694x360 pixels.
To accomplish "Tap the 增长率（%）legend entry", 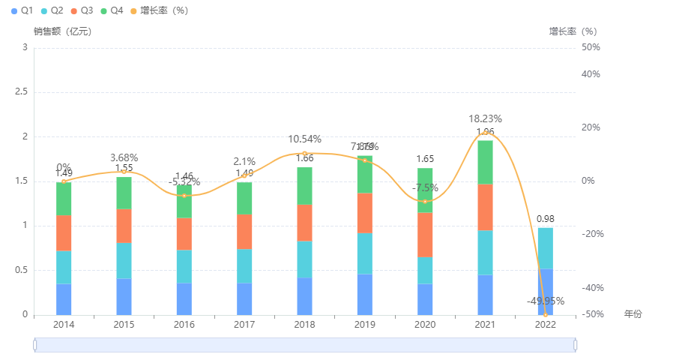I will pyautogui.click(x=158, y=10).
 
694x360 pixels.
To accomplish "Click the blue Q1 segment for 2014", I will pyautogui.click(x=64, y=299).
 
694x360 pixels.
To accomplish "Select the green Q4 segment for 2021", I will pyautogui.click(x=485, y=162).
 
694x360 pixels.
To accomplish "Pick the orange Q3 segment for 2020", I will pyautogui.click(x=425, y=235).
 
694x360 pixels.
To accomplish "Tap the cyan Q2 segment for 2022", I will pyautogui.click(x=545, y=248).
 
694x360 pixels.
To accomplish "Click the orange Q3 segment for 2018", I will pyautogui.click(x=304, y=223).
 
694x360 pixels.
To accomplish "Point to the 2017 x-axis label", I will pyautogui.click(x=244, y=324).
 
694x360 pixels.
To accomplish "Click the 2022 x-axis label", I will pyautogui.click(x=545, y=324).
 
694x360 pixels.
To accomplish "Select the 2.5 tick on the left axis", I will pyautogui.click(x=21, y=91).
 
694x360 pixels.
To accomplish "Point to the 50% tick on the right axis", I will pyautogui.click(x=591, y=47).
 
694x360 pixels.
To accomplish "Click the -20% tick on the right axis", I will pyautogui.click(x=593, y=234).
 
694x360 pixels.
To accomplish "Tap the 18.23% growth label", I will pyautogui.click(x=485, y=118).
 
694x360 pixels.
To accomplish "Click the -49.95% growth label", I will pyautogui.click(x=545, y=301).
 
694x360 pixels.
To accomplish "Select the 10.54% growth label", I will pyautogui.click(x=304, y=139).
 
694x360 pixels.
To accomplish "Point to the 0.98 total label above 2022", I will pyautogui.click(x=545, y=218).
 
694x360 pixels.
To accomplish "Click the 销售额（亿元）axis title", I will pyautogui.click(x=63, y=31).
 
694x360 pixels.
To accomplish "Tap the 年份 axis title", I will pyautogui.click(x=633, y=314).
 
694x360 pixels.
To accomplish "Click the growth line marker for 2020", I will pyautogui.click(x=425, y=201).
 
